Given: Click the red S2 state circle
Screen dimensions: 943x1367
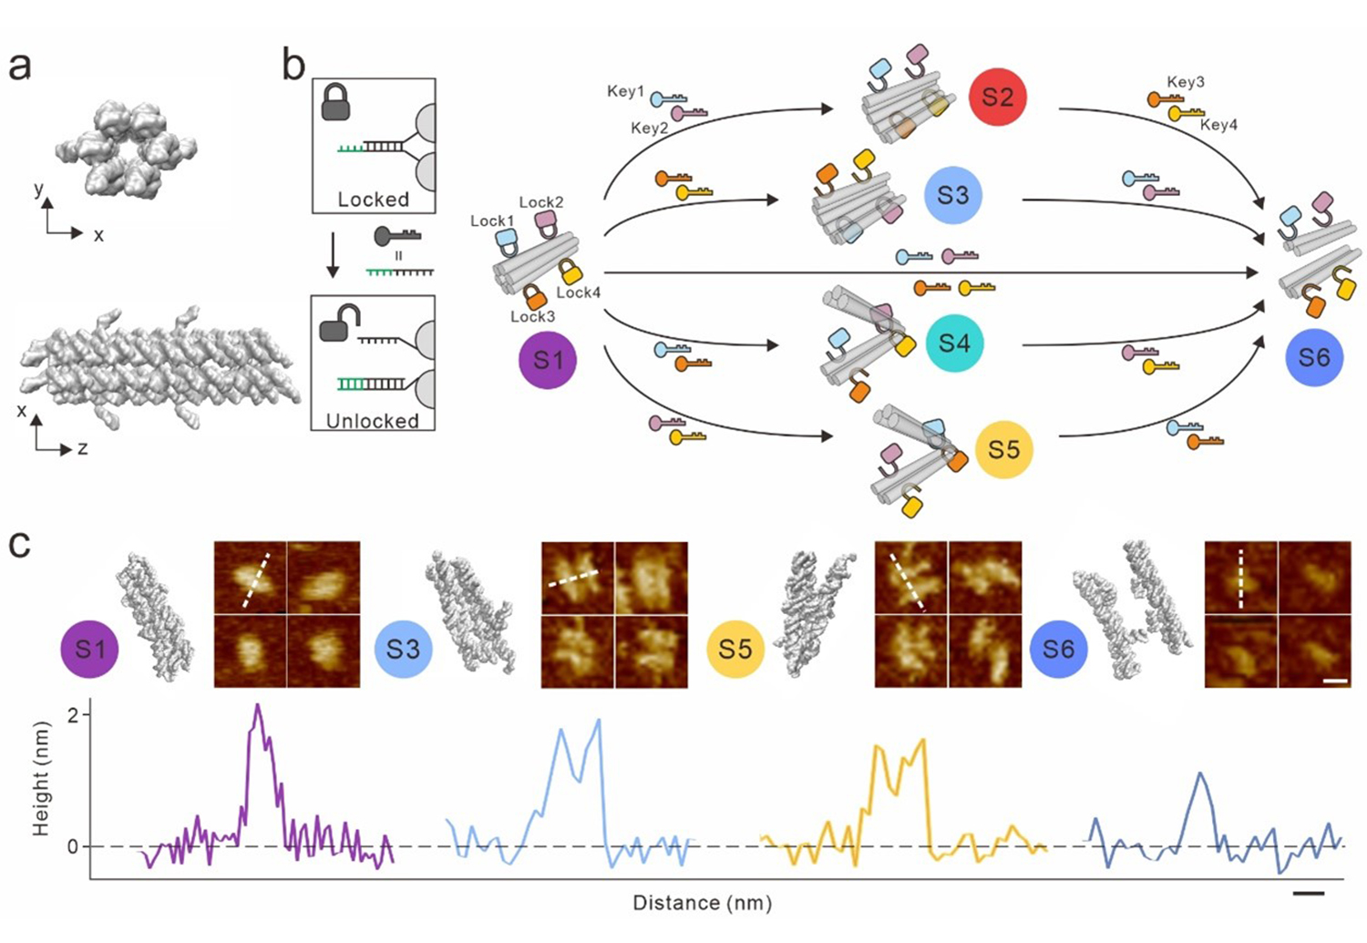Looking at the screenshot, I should click(997, 97).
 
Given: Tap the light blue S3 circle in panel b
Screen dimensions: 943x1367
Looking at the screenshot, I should click(952, 195).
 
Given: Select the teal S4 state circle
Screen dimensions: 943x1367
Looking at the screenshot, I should click(953, 343).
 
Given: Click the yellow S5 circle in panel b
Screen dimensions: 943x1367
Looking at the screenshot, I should click(1003, 449).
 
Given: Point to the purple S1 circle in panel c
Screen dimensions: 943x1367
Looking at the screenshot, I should click(89, 649).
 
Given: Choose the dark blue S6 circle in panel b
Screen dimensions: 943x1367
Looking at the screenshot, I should click(1314, 357).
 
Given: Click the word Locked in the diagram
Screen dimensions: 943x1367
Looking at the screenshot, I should click(373, 199).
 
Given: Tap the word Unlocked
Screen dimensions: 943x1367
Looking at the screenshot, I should click(373, 421).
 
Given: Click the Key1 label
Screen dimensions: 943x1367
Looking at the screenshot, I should click(625, 91).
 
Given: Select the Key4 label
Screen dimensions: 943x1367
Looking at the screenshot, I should click(1218, 125).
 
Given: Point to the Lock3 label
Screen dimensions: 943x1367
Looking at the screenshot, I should click(532, 316).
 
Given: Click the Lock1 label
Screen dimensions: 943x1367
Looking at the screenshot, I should click(492, 220).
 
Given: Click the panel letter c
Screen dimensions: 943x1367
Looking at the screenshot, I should click(19, 544).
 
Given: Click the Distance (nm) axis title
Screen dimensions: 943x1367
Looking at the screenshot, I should click(702, 903).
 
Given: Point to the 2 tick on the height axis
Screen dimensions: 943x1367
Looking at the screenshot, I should click(73, 714).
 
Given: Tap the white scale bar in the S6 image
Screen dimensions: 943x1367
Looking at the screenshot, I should click(1334, 680).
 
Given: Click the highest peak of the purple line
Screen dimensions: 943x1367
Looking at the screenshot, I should click(258, 704).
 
